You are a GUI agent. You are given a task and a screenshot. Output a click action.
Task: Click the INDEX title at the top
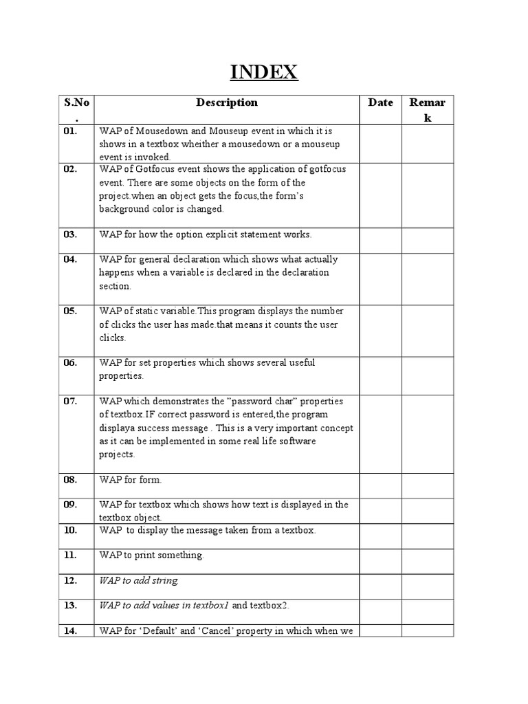263,72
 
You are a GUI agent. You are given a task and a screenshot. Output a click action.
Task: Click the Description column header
227,103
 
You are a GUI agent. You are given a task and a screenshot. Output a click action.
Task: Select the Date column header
380,103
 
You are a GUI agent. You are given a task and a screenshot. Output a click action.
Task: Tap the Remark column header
427,110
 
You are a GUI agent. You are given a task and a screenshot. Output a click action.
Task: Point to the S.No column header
76,109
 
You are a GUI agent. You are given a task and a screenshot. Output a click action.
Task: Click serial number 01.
71,131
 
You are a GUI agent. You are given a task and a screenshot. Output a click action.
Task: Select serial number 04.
71,260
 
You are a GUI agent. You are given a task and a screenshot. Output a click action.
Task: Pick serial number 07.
71,401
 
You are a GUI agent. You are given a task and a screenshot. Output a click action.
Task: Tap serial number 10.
71,530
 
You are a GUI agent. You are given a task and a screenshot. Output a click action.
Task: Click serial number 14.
71,630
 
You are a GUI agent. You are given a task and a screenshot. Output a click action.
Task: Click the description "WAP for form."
131,480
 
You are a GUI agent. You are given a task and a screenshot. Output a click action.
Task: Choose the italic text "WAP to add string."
139,580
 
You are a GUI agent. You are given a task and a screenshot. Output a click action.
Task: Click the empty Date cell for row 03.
380,241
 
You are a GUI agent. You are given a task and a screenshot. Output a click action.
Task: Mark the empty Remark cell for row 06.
428,375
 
